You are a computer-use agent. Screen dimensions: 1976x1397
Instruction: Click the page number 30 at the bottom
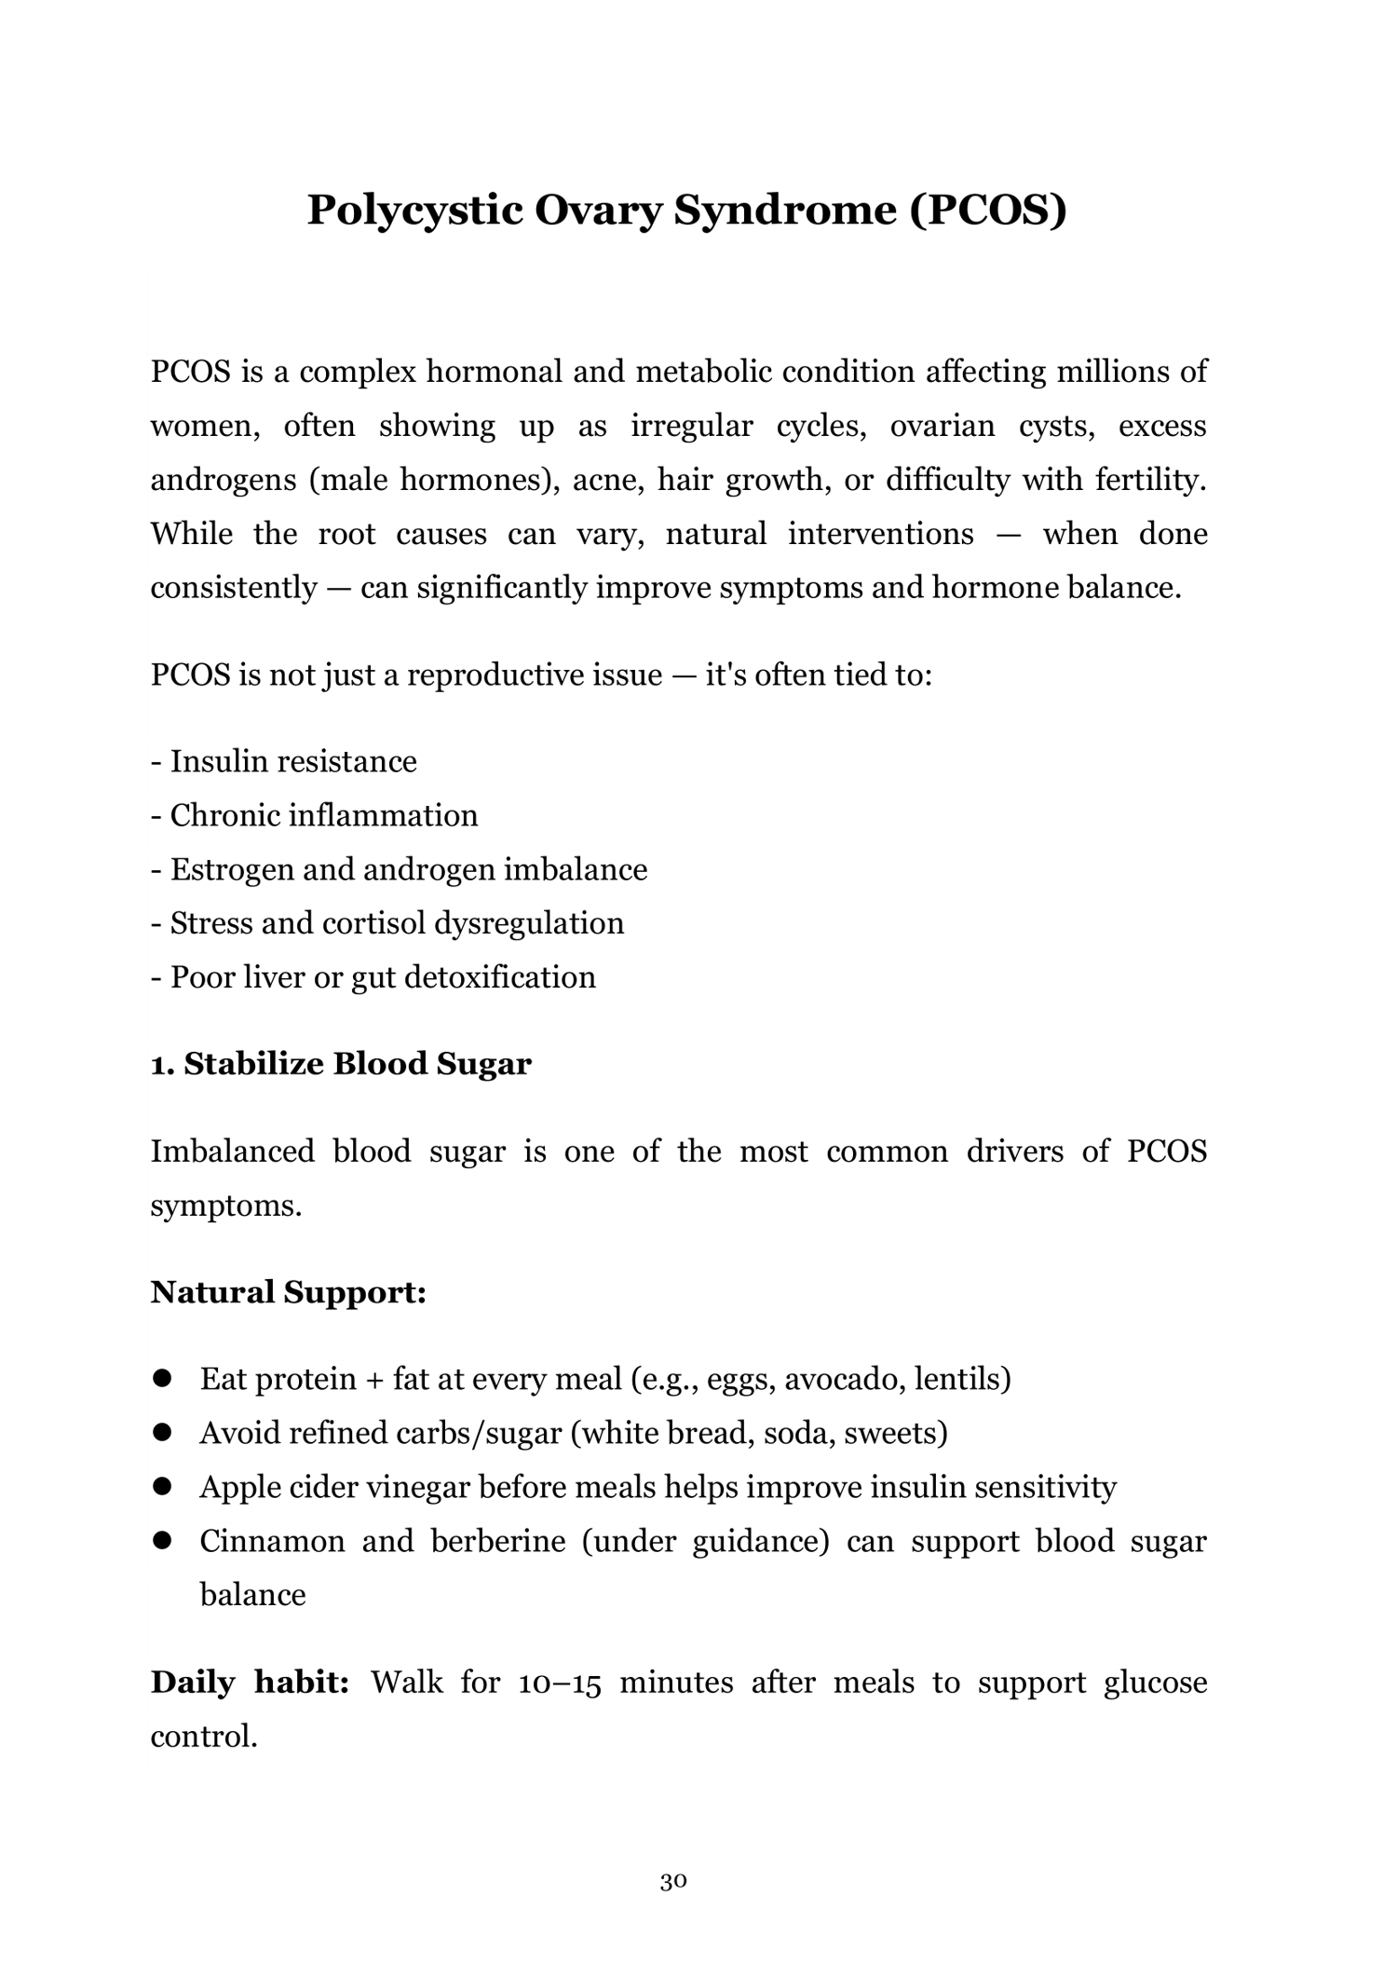[673, 1881]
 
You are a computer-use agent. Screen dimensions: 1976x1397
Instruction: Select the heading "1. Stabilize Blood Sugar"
[341, 1064]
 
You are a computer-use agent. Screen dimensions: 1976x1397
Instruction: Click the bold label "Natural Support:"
[289, 1291]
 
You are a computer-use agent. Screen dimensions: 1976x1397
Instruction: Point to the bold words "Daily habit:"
[250, 1682]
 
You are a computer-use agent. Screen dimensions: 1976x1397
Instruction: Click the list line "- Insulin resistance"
[284, 761]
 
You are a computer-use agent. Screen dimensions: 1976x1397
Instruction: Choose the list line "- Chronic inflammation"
[315, 815]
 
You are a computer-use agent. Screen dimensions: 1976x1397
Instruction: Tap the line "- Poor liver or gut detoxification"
[373, 976]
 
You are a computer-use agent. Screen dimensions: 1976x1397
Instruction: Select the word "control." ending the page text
[204, 1737]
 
